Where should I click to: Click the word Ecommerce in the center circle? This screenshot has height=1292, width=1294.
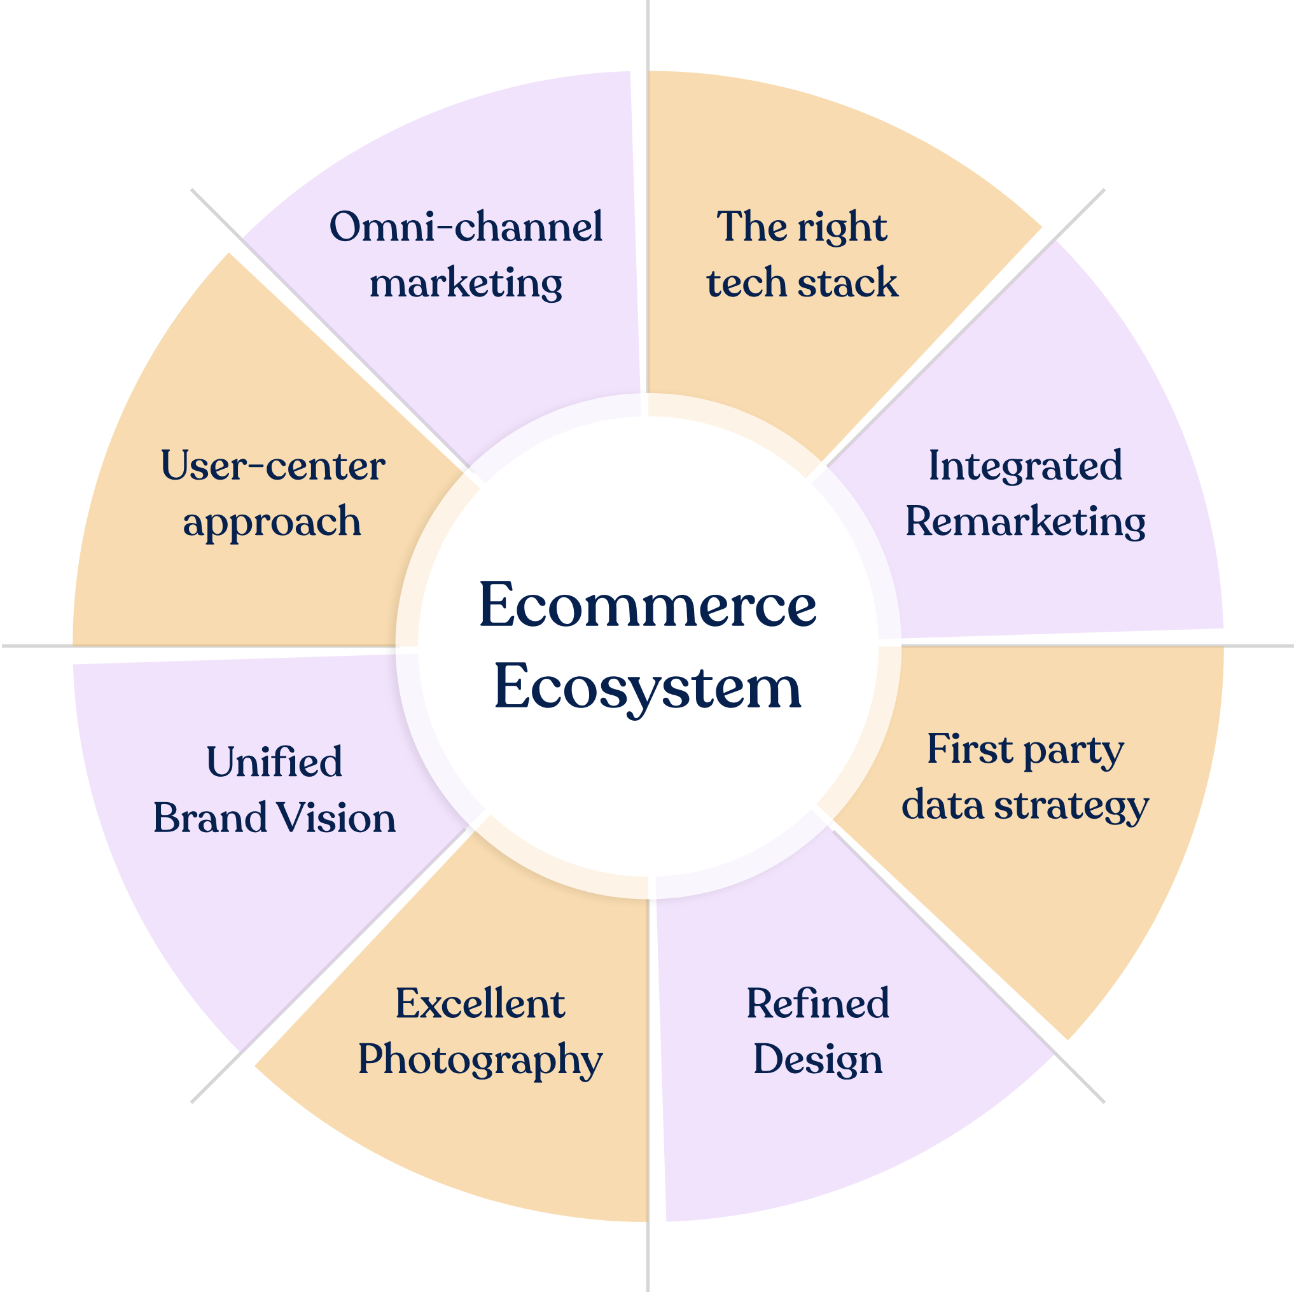pyautogui.click(x=647, y=606)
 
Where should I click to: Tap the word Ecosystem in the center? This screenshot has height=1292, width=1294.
pyautogui.click(x=647, y=687)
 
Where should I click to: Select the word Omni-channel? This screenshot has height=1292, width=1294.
pyautogui.click(x=466, y=227)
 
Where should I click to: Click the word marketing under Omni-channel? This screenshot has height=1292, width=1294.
pyautogui.click(x=466, y=283)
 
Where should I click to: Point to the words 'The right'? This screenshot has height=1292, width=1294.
pyautogui.click(x=802, y=227)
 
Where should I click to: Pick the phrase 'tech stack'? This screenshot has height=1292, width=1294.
pyautogui.click(x=802, y=282)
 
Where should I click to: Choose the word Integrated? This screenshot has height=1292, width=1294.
pyautogui.click(x=1025, y=466)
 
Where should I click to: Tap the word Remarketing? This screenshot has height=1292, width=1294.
pyautogui.click(x=1025, y=522)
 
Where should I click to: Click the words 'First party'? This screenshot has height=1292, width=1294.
pyautogui.click(x=1025, y=749)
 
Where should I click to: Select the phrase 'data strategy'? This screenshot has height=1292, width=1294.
pyautogui.click(x=1025, y=806)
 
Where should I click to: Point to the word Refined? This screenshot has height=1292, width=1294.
pyautogui.click(x=817, y=1004)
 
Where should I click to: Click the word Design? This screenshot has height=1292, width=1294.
pyautogui.click(x=817, y=1060)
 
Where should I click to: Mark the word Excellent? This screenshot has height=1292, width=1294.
pyautogui.click(x=480, y=1004)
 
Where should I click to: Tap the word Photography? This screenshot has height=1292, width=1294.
pyautogui.click(x=480, y=1060)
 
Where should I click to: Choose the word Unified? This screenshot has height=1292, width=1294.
pyautogui.click(x=274, y=762)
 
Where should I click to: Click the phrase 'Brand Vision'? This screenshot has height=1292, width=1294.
pyautogui.click(x=274, y=819)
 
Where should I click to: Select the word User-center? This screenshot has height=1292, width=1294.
pyautogui.click(x=272, y=466)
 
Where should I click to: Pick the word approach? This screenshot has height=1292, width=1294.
pyautogui.click(x=272, y=522)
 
